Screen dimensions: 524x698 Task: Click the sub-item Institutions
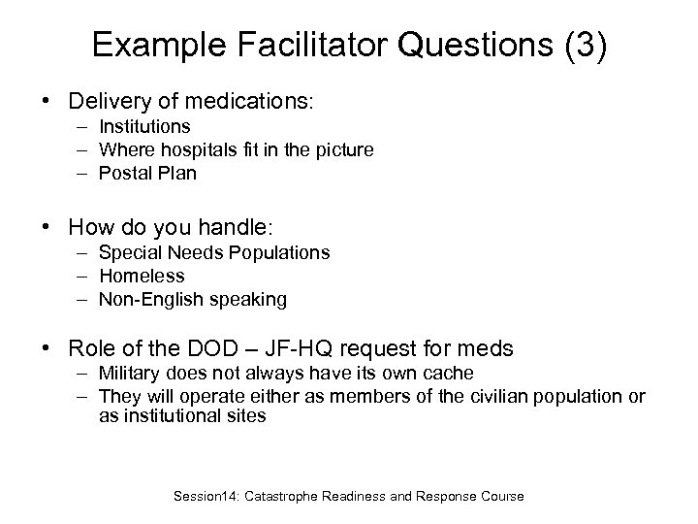144,126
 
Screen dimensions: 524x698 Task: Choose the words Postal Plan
147,173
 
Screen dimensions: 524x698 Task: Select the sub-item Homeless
142,276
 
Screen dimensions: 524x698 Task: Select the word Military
130,374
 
